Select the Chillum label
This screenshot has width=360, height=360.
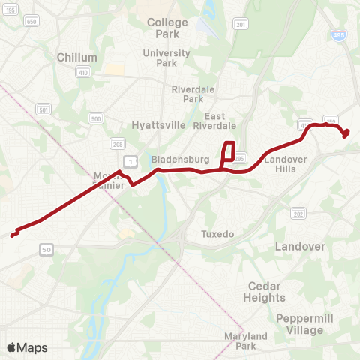(77, 57)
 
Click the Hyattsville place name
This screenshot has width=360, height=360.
(157, 125)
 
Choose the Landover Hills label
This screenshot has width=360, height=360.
(280, 164)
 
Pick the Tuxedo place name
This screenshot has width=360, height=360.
(217, 234)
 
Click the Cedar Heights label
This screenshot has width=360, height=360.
(264, 292)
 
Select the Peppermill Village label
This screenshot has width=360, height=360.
(299, 324)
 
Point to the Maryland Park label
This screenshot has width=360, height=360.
(247, 341)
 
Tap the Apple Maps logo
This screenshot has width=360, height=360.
(27, 347)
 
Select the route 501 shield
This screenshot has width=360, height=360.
(44, 110)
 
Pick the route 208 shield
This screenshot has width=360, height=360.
(117, 143)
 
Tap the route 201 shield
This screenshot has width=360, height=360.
(240, 25)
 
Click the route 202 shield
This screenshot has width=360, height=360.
(298, 214)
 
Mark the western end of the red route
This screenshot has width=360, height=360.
(12, 235)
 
